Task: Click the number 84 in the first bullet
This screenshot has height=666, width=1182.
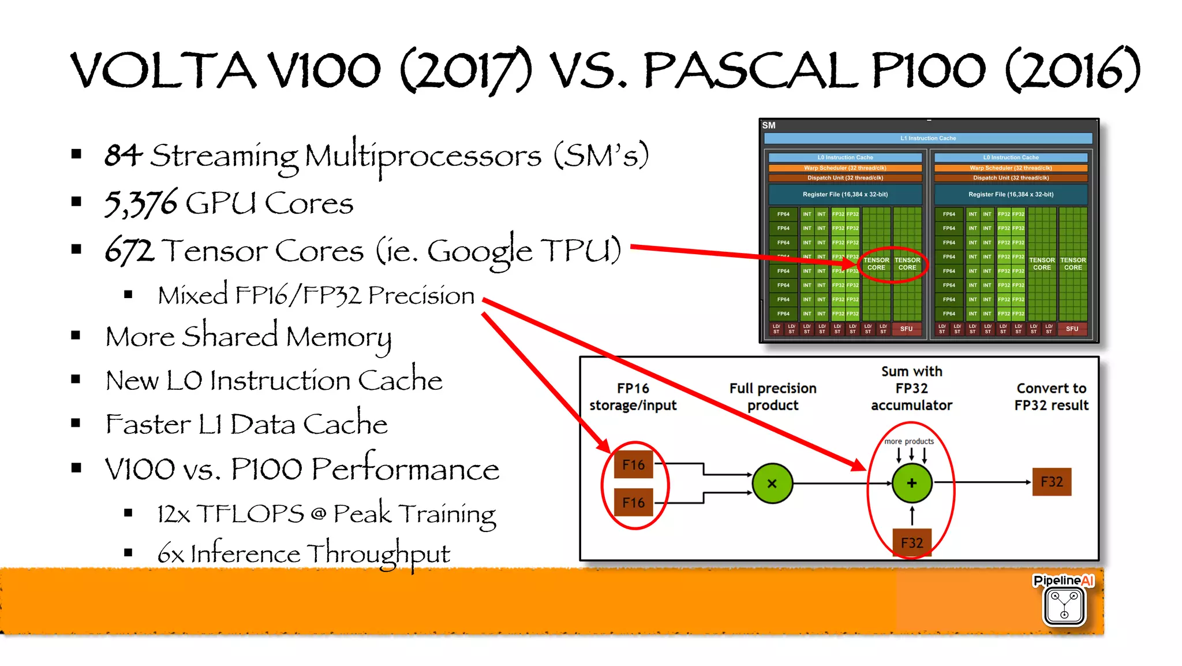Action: (123, 155)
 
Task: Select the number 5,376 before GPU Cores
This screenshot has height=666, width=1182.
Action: (140, 203)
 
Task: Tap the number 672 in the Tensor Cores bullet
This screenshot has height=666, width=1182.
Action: (129, 251)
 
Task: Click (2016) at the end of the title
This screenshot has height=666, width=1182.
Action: (1072, 70)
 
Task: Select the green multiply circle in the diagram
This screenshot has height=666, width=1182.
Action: (772, 483)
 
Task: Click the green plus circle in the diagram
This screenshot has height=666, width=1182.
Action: (912, 483)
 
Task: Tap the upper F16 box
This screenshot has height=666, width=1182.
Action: (633, 465)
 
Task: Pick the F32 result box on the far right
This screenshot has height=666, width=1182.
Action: (1052, 482)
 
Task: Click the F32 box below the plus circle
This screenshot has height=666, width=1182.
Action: (912, 542)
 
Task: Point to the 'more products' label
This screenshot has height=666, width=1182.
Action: (909, 441)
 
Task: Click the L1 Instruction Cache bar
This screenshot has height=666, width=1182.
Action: (928, 138)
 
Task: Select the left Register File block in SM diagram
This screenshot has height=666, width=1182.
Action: (845, 195)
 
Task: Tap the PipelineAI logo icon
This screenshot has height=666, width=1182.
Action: (1064, 606)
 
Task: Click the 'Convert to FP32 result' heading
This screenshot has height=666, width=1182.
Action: (1052, 397)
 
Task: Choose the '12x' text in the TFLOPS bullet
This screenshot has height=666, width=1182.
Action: (173, 514)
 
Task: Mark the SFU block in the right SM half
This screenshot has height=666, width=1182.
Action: (1072, 329)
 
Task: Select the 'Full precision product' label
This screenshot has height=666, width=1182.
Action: (773, 397)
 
